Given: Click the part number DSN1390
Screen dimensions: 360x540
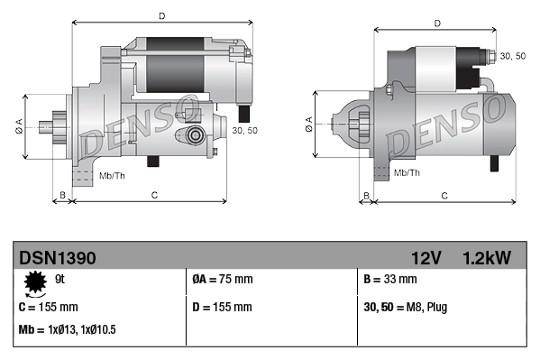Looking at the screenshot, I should (57, 258).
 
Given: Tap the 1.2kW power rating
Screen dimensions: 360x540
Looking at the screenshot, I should (486, 258).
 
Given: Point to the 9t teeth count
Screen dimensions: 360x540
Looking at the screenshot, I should (59, 280).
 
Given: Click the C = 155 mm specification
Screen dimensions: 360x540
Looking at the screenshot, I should (48, 307).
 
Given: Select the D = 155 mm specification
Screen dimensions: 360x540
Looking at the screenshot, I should (223, 307).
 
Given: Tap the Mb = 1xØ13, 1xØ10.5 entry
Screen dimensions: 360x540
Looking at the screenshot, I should (67, 330).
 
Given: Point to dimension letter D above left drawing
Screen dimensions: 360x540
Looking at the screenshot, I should (161, 15).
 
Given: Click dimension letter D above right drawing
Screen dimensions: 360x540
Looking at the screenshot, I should (436, 23).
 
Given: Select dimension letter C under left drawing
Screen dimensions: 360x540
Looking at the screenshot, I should (154, 195).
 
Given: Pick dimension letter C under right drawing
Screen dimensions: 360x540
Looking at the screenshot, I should (444, 195).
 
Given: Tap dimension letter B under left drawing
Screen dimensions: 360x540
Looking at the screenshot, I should (62, 195).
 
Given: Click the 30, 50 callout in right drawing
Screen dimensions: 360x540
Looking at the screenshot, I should (512, 57).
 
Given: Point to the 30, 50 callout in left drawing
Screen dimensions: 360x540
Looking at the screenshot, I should (243, 131).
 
